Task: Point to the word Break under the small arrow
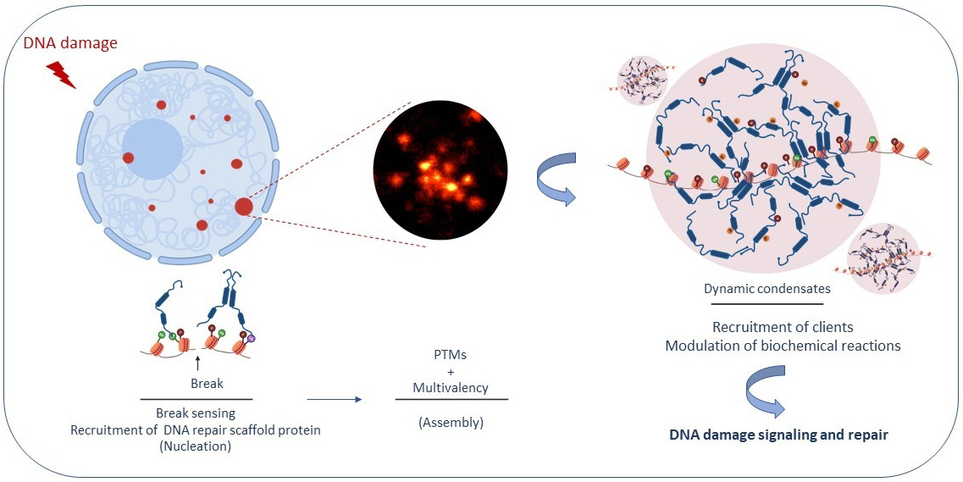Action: tap(207, 384)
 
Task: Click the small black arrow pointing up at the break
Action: tap(196, 364)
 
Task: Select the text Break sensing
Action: tap(196, 413)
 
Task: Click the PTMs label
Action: tap(451, 355)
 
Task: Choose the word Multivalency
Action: tap(451, 388)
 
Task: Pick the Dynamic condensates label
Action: tap(767, 289)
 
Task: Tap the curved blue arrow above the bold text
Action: tap(767, 391)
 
